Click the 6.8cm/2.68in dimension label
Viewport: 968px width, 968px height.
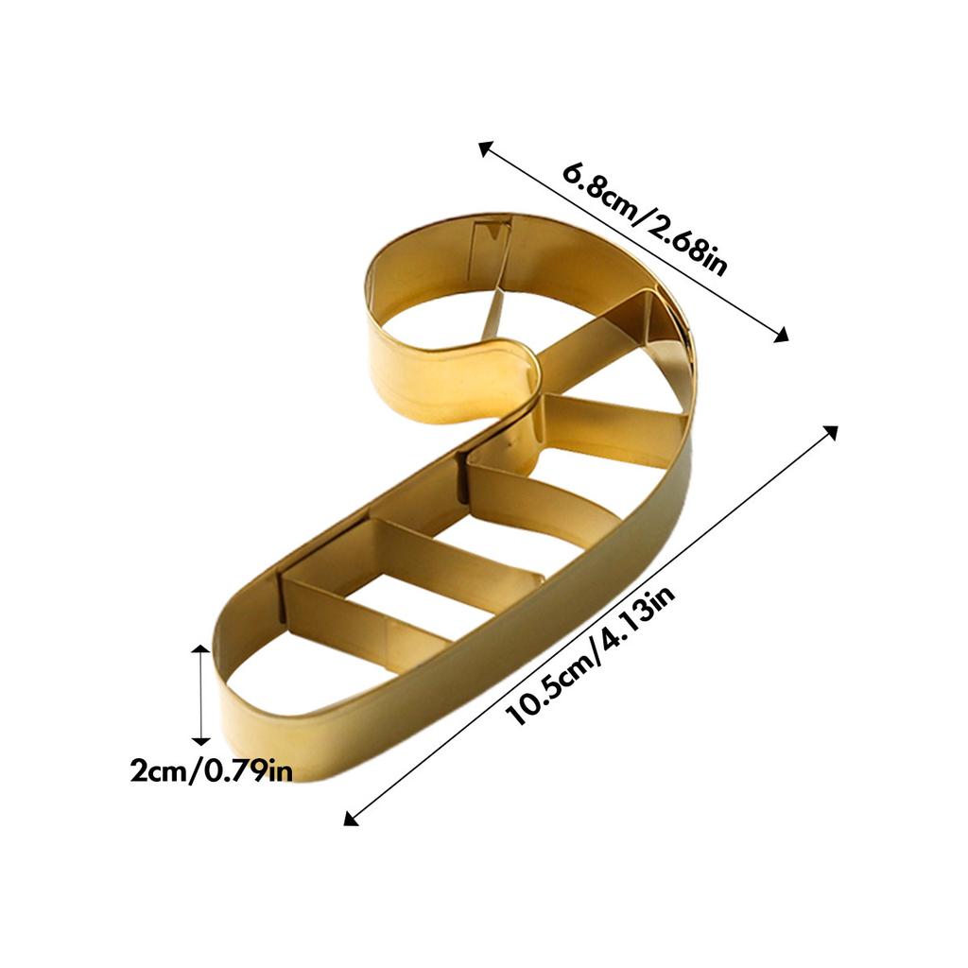point(646,218)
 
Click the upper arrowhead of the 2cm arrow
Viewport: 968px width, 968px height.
point(200,650)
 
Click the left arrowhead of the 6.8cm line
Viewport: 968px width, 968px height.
point(485,147)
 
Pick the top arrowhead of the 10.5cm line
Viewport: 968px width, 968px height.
point(831,432)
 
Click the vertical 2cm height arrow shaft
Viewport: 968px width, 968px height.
point(200,695)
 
